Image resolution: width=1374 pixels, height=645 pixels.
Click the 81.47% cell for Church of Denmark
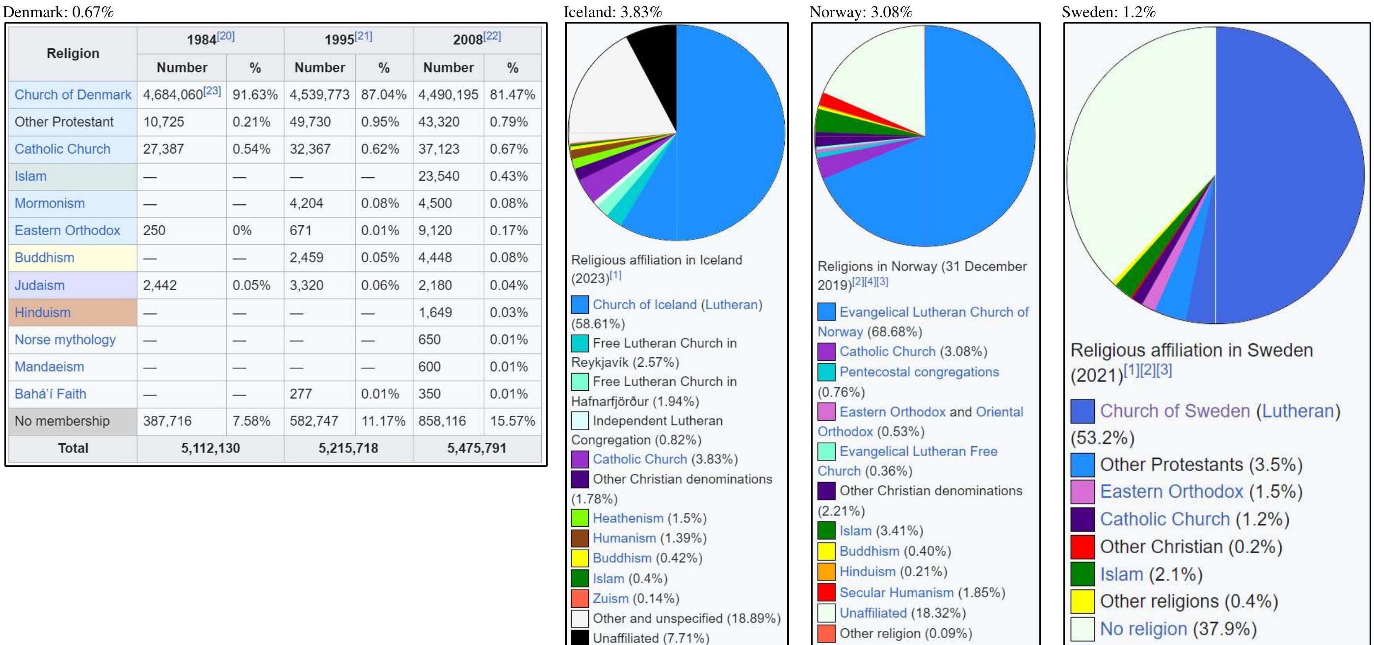[x=512, y=95]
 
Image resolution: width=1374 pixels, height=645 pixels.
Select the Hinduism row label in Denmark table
[x=43, y=313]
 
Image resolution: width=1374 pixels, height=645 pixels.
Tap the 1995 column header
[x=348, y=39]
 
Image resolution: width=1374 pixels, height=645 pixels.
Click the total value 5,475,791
[x=477, y=448]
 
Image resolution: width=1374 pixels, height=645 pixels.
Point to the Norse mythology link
[x=65, y=340]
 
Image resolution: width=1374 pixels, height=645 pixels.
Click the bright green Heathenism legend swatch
[x=580, y=518]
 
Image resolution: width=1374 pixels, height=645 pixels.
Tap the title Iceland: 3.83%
[x=613, y=12]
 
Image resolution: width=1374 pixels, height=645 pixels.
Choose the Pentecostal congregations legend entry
[x=919, y=372]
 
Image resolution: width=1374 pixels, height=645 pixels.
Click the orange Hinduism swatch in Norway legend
[x=826, y=572]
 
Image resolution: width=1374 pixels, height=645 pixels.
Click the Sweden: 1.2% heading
[x=1109, y=12]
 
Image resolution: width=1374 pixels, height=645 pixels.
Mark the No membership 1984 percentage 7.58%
[x=251, y=421]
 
